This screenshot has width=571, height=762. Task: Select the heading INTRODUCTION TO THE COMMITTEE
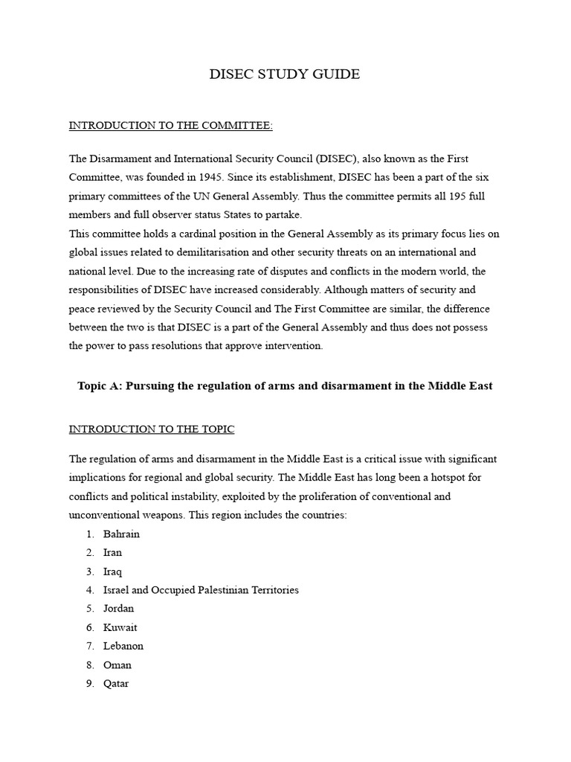(x=171, y=125)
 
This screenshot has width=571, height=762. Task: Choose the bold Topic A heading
(x=285, y=386)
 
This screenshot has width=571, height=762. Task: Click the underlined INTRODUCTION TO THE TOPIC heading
(x=152, y=429)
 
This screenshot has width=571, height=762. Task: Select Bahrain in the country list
(x=121, y=534)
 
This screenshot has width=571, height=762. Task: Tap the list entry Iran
(x=112, y=552)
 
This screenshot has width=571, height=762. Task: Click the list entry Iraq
(x=112, y=571)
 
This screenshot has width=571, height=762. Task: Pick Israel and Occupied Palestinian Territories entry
(x=201, y=590)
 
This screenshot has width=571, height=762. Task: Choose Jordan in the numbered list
(x=119, y=609)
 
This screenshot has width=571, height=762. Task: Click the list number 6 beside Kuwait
(x=89, y=627)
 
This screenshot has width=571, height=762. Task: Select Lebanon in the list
(x=123, y=646)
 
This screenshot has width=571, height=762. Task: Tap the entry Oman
(x=117, y=665)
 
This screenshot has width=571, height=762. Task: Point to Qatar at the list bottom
(x=116, y=683)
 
